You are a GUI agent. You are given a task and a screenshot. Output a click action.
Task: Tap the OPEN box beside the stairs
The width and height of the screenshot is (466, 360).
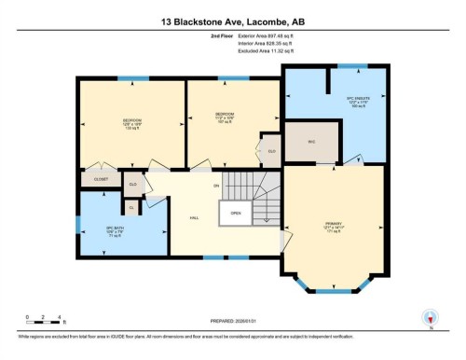(x=236, y=214)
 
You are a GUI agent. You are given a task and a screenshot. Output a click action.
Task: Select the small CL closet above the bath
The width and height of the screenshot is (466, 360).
(x=131, y=208)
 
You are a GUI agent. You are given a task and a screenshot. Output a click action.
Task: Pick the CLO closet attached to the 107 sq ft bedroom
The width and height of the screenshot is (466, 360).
(x=271, y=150)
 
